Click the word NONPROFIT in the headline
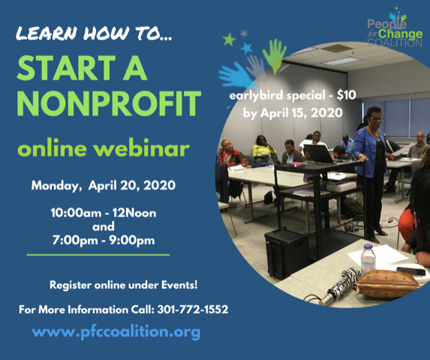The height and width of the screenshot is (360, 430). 109,103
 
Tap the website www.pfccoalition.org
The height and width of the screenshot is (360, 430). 116,331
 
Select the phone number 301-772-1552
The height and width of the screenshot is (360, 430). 193,309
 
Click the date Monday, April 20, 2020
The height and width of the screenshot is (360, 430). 104,185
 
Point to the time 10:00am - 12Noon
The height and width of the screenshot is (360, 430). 104,213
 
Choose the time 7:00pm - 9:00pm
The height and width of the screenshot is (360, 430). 104,240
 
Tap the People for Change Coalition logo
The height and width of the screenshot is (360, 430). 394,28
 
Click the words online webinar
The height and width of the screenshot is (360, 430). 104,148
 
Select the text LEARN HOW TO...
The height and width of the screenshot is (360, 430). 94,34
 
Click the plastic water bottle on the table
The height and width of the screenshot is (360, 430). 368,259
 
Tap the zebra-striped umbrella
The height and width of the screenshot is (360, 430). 341,286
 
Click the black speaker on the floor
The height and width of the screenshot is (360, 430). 287,253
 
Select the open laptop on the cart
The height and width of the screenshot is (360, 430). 319,154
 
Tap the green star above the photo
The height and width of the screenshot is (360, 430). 230,40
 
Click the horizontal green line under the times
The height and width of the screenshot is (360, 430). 98,255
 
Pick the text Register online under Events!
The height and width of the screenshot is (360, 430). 123,285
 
